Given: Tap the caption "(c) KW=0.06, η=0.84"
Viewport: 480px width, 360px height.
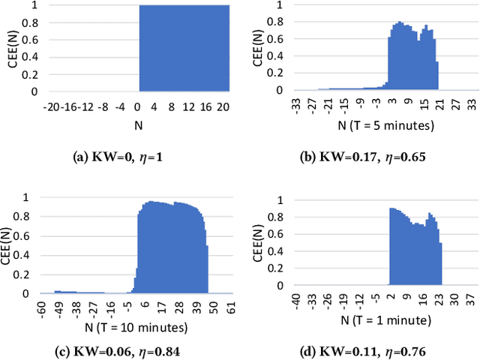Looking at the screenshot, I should [123, 350].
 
